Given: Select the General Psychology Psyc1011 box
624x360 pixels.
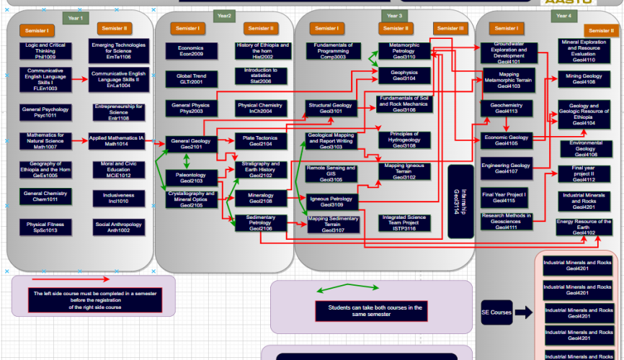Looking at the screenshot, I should pyautogui.click(x=45, y=112).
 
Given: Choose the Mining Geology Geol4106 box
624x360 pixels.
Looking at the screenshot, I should pyautogui.click(x=583, y=78).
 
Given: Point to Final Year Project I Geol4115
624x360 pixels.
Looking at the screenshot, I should pyautogui.click(x=504, y=197).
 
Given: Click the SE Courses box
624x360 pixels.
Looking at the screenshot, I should pyautogui.click(x=496, y=312).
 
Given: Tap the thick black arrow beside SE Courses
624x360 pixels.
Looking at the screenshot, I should pyautogui.click(x=525, y=312).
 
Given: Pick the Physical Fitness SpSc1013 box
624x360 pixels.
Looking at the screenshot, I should pyautogui.click(x=45, y=228).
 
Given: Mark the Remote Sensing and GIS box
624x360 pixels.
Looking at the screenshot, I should pyautogui.click(x=331, y=171).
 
